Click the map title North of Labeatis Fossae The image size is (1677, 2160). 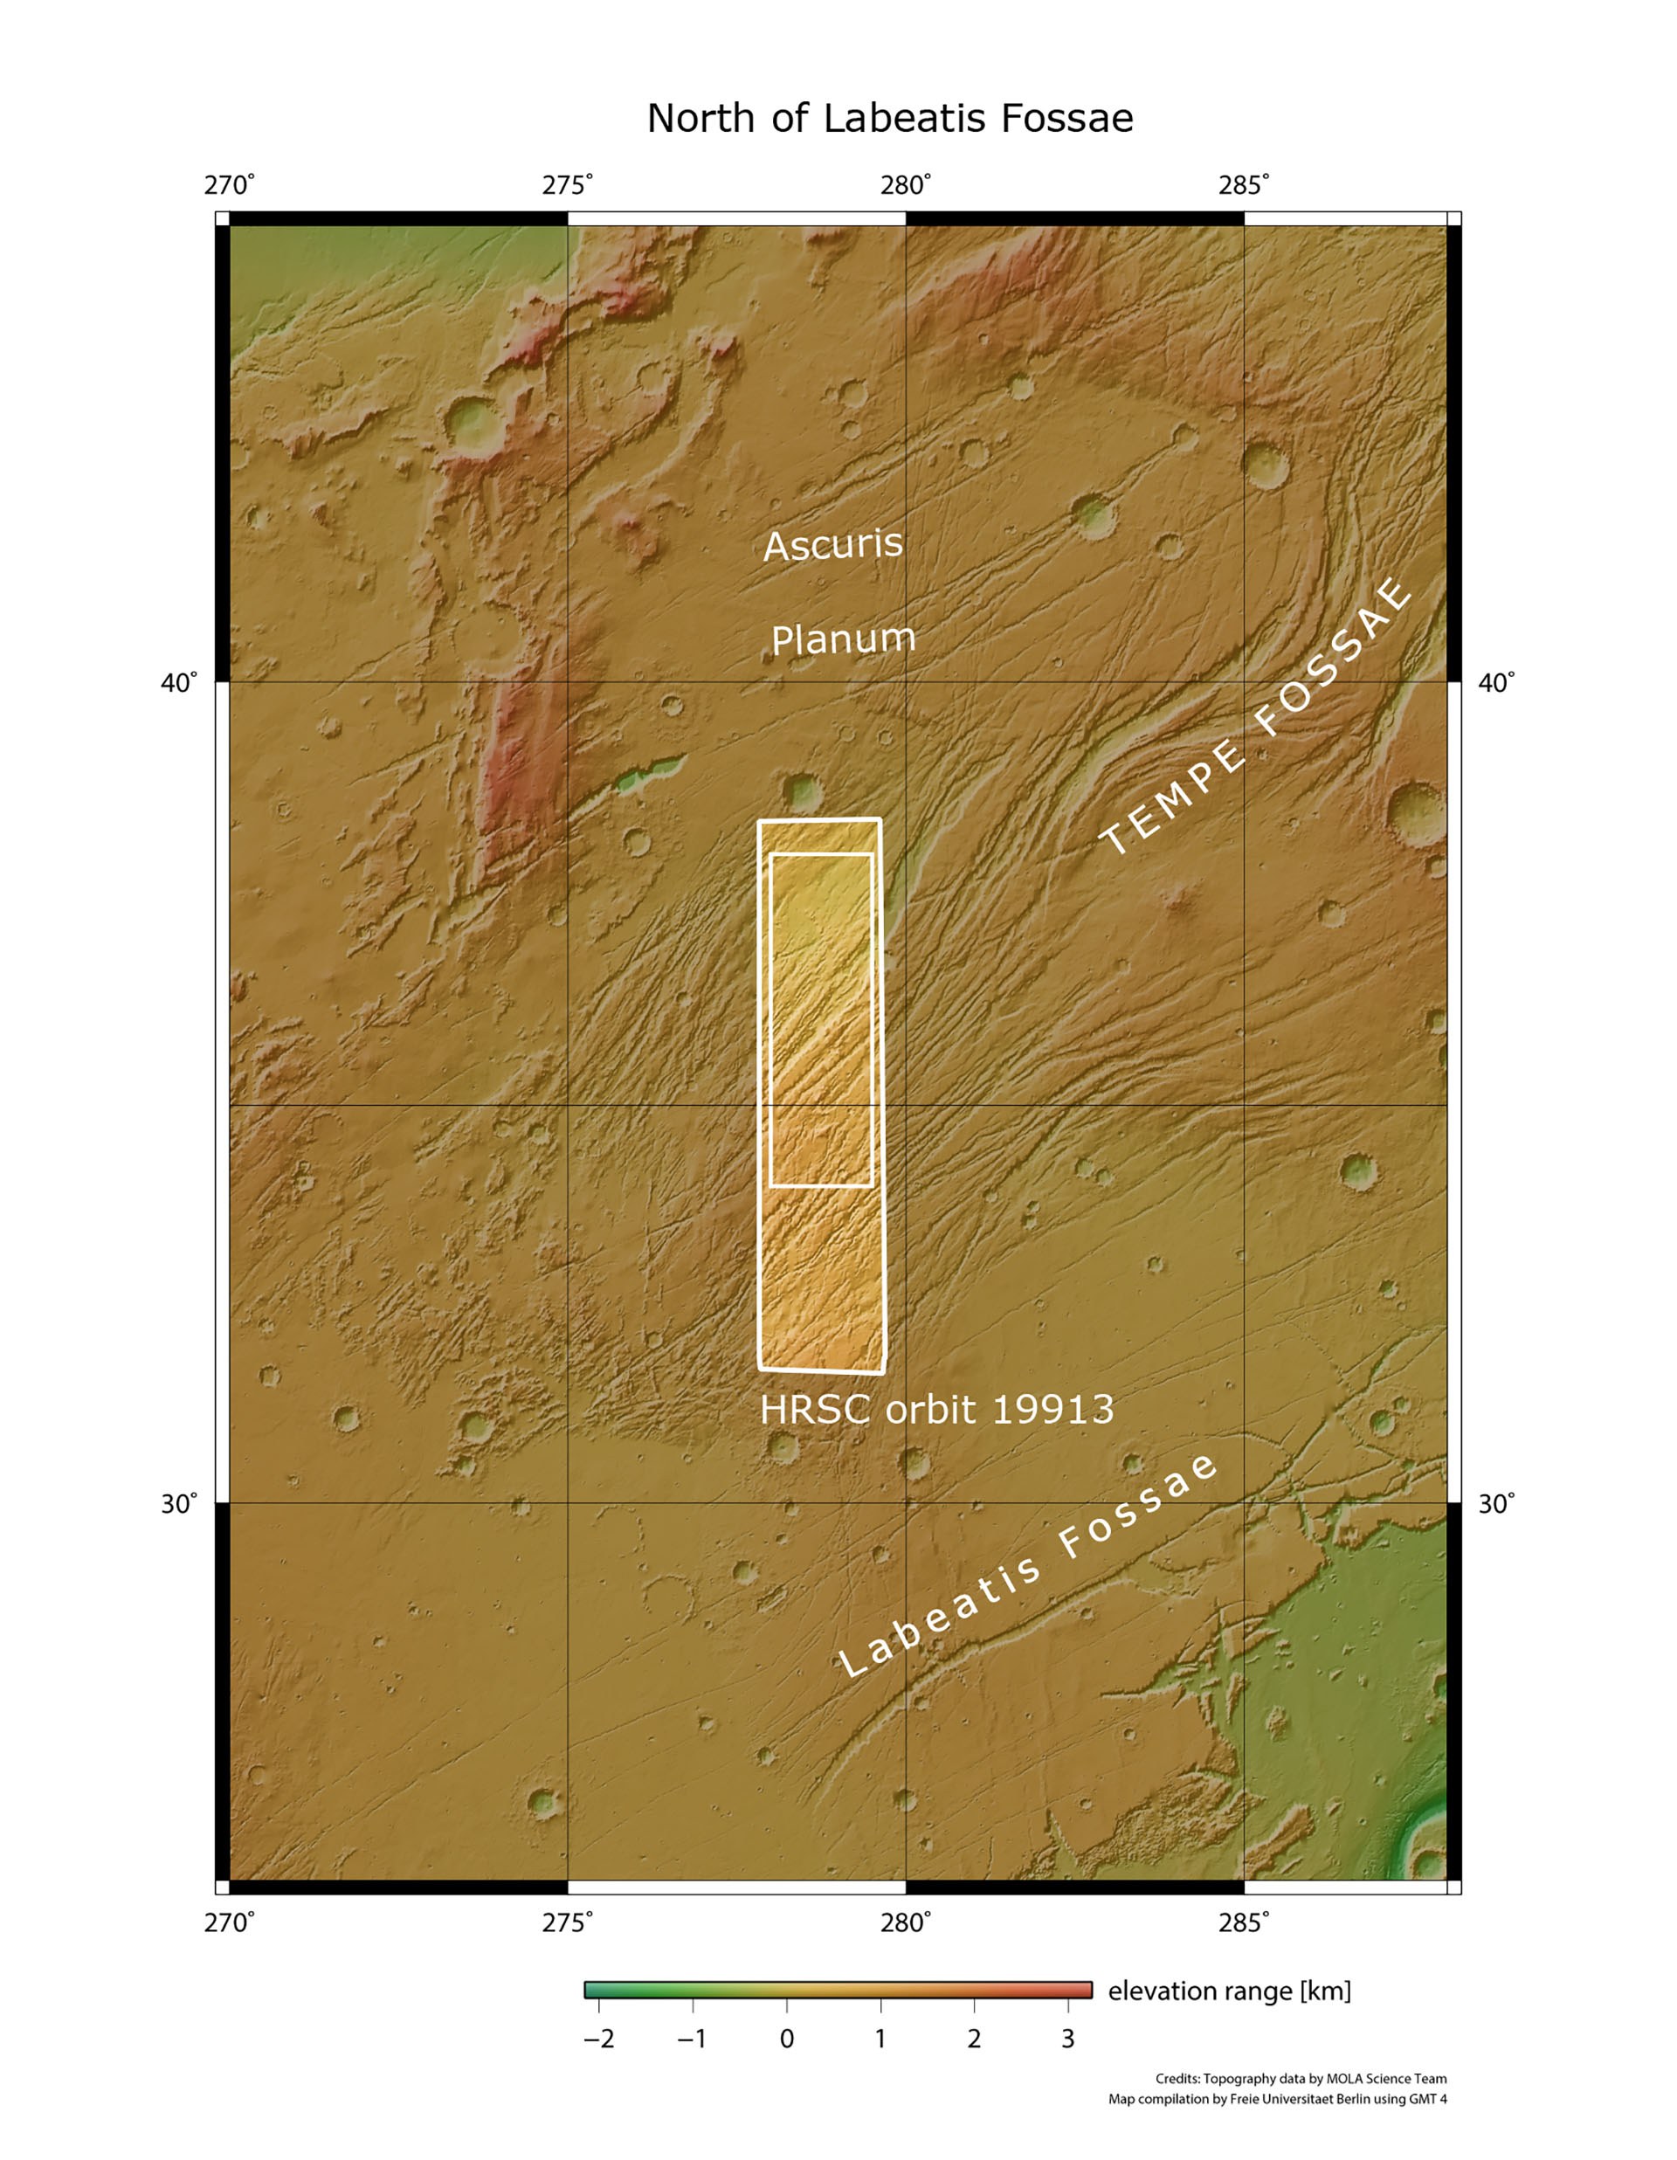pos(889,119)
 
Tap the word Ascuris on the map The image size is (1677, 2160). pos(832,544)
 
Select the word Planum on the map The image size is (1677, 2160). pos(843,638)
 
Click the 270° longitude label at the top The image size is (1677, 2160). pos(230,185)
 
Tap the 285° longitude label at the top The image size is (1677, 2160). pos(1244,185)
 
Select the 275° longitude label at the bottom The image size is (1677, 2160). pos(568,1922)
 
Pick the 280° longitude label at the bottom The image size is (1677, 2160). pos(906,1922)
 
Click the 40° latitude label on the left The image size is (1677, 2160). pos(179,682)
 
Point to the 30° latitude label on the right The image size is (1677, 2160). pos(1496,1503)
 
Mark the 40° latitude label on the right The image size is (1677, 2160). pos(1496,682)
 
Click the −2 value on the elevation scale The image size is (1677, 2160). pos(598,2039)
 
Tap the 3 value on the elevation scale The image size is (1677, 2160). pos(1068,2039)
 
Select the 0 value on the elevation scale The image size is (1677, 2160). pos(786,2039)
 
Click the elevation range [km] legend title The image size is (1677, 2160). pos(1229,1991)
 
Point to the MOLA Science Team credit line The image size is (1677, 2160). pos(1301,2079)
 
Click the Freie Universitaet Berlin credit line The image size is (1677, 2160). pos(1277,2099)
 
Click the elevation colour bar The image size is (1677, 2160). pos(838,1990)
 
